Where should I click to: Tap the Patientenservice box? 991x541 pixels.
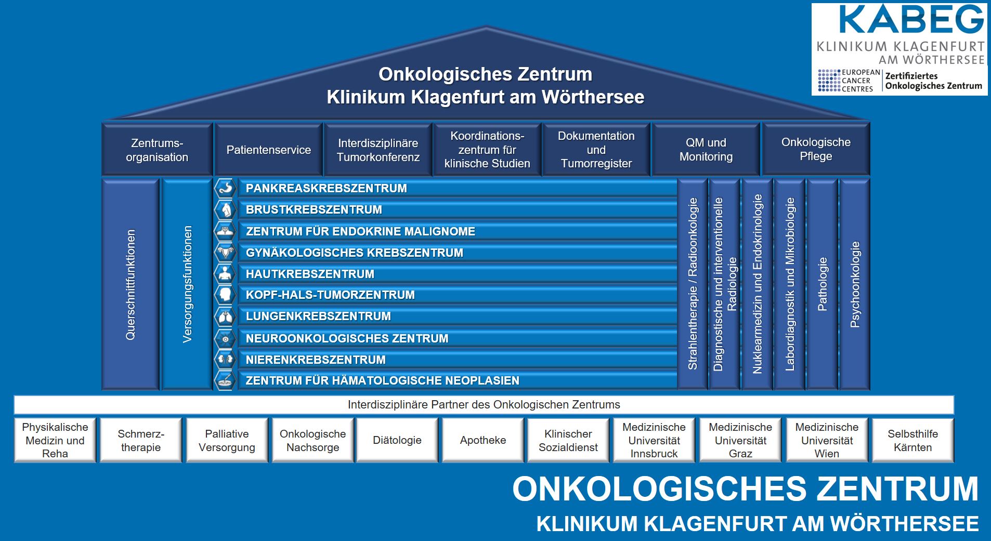pyautogui.click(x=268, y=150)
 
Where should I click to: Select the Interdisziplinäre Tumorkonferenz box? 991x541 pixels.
pyautogui.click(x=378, y=150)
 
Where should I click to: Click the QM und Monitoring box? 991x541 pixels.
pyautogui.click(x=706, y=150)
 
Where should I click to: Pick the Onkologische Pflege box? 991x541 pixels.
pyautogui.click(x=816, y=150)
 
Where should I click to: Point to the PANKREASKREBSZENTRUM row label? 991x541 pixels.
pyautogui.click(x=327, y=188)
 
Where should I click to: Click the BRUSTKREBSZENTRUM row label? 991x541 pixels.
pyautogui.click(x=314, y=209)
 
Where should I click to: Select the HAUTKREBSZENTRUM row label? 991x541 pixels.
pyautogui.click(x=310, y=274)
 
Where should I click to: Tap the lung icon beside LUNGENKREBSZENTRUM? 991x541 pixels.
pyautogui.click(x=225, y=316)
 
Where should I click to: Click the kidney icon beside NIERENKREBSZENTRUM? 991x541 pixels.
pyautogui.click(x=225, y=359)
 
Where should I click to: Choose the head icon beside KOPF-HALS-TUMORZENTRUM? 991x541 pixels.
pyautogui.click(x=225, y=295)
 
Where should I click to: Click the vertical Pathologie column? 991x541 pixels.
pyautogui.click(x=822, y=284)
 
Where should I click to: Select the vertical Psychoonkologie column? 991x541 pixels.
pyautogui.click(x=854, y=284)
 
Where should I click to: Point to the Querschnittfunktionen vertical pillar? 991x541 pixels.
pyautogui.click(x=131, y=284)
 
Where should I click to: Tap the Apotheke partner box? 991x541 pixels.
pyautogui.click(x=483, y=440)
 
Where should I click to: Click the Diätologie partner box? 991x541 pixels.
pyautogui.click(x=397, y=440)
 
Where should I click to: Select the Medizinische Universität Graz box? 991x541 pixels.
pyautogui.click(x=740, y=440)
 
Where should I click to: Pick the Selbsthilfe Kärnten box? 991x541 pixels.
pyautogui.click(x=912, y=440)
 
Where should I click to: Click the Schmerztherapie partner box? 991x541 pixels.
pyautogui.click(x=141, y=440)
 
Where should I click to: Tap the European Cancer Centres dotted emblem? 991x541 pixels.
pyautogui.click(x=829, y=81)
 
